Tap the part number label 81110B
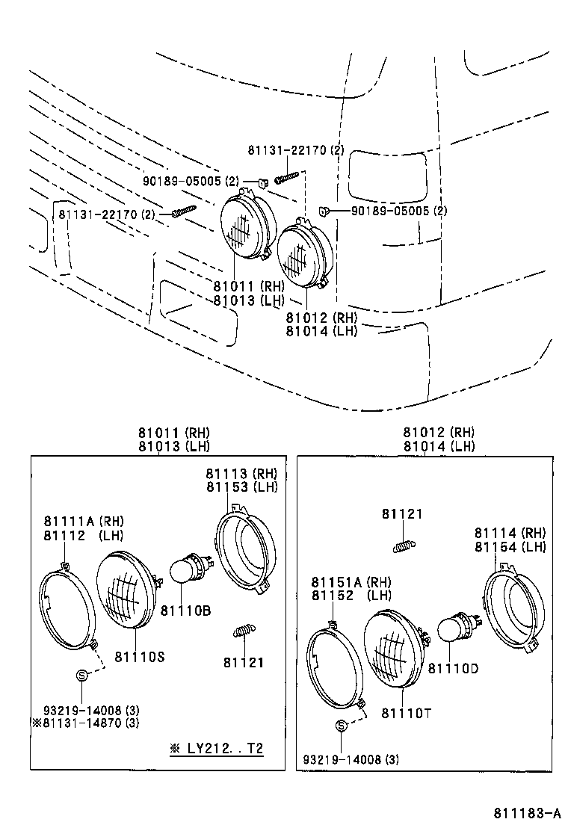(x=185, y=611)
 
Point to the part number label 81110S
(x=139, y=656)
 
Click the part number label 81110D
(x=453, y=668)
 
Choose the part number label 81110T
(x=407, y=714)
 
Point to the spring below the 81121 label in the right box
(x=404, y=546)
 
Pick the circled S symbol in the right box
(x=341, y=725)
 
